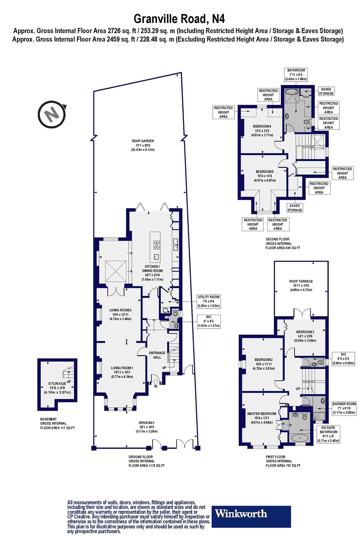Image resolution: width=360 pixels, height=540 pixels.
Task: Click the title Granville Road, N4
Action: pyautogui.click(x=179, y=18)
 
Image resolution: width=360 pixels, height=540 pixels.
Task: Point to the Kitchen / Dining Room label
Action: pyautogui.click(x=152, y=273)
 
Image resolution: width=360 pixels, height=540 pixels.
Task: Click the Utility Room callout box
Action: pyautogui.click(x=208, y=301)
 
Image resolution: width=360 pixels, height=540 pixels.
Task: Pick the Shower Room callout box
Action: pyautogui.click(x=344, y=408)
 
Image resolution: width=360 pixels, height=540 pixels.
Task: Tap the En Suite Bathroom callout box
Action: pyautogui.click(x=328, y=434)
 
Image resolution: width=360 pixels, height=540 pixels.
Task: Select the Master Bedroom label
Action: pyautogui.click(x=262, y=418)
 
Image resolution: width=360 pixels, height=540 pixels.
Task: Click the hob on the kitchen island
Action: pyautogui.click(x=157, y=245)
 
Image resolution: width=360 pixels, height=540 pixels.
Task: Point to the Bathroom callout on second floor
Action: pyautogui.click(x=296, y=74)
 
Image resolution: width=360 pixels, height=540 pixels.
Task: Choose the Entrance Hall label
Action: pyautogui.click(x=157, y=355)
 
